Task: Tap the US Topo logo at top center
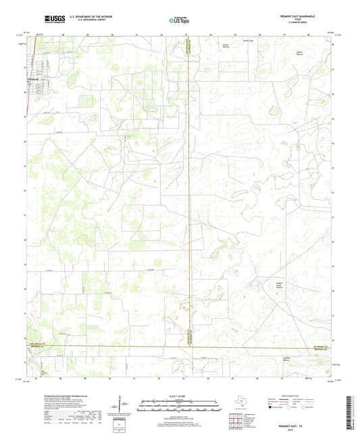pyautogui.click(x=180, y=20)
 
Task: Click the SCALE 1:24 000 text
pyautogui.click(x=180, y=396)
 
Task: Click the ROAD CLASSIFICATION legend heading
pyautogui.click(x=297, y=396)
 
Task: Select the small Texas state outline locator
pyautogui.click(x=239, y=403)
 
